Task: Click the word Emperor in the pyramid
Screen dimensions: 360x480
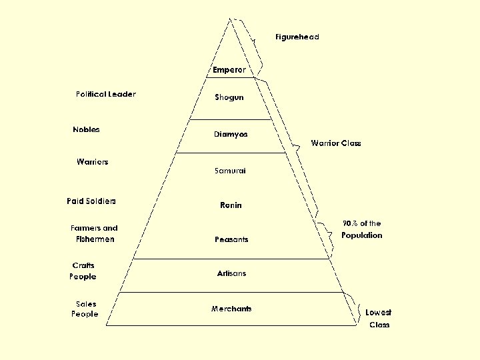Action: [x=229, y=70]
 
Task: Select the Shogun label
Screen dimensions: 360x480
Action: [x=229, y=97]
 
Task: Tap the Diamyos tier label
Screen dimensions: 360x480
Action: [x=231, y=134]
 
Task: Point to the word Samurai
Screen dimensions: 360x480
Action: [x=230, y=171]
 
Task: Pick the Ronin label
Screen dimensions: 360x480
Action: [x=231, y=205]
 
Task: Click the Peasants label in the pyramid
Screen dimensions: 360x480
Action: [x=231, y=239]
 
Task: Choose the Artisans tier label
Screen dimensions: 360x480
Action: [x=231, y=273]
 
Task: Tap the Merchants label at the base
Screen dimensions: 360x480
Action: [x=231, y=309]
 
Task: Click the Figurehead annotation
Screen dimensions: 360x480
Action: [x=297, y=37]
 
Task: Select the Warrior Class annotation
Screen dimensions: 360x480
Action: [x=336, y=143]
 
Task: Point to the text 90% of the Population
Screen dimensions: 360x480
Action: [x=362, y=229]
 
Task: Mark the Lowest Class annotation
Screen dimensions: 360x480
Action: [x=379, y=319]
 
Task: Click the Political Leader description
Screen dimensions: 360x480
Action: [x=105, y=94]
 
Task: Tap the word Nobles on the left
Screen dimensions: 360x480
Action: [x=86, y=129]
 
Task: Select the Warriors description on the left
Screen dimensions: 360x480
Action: [x=92, y=162]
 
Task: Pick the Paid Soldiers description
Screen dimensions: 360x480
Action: [x=91, y=201]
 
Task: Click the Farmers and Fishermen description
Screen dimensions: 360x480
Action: [x=94, y=233]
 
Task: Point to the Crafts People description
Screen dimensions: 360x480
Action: [x=83, y=271]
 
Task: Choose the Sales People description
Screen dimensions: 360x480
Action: [x=85, y=309]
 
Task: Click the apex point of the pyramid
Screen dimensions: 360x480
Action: [x=231, y=18]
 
